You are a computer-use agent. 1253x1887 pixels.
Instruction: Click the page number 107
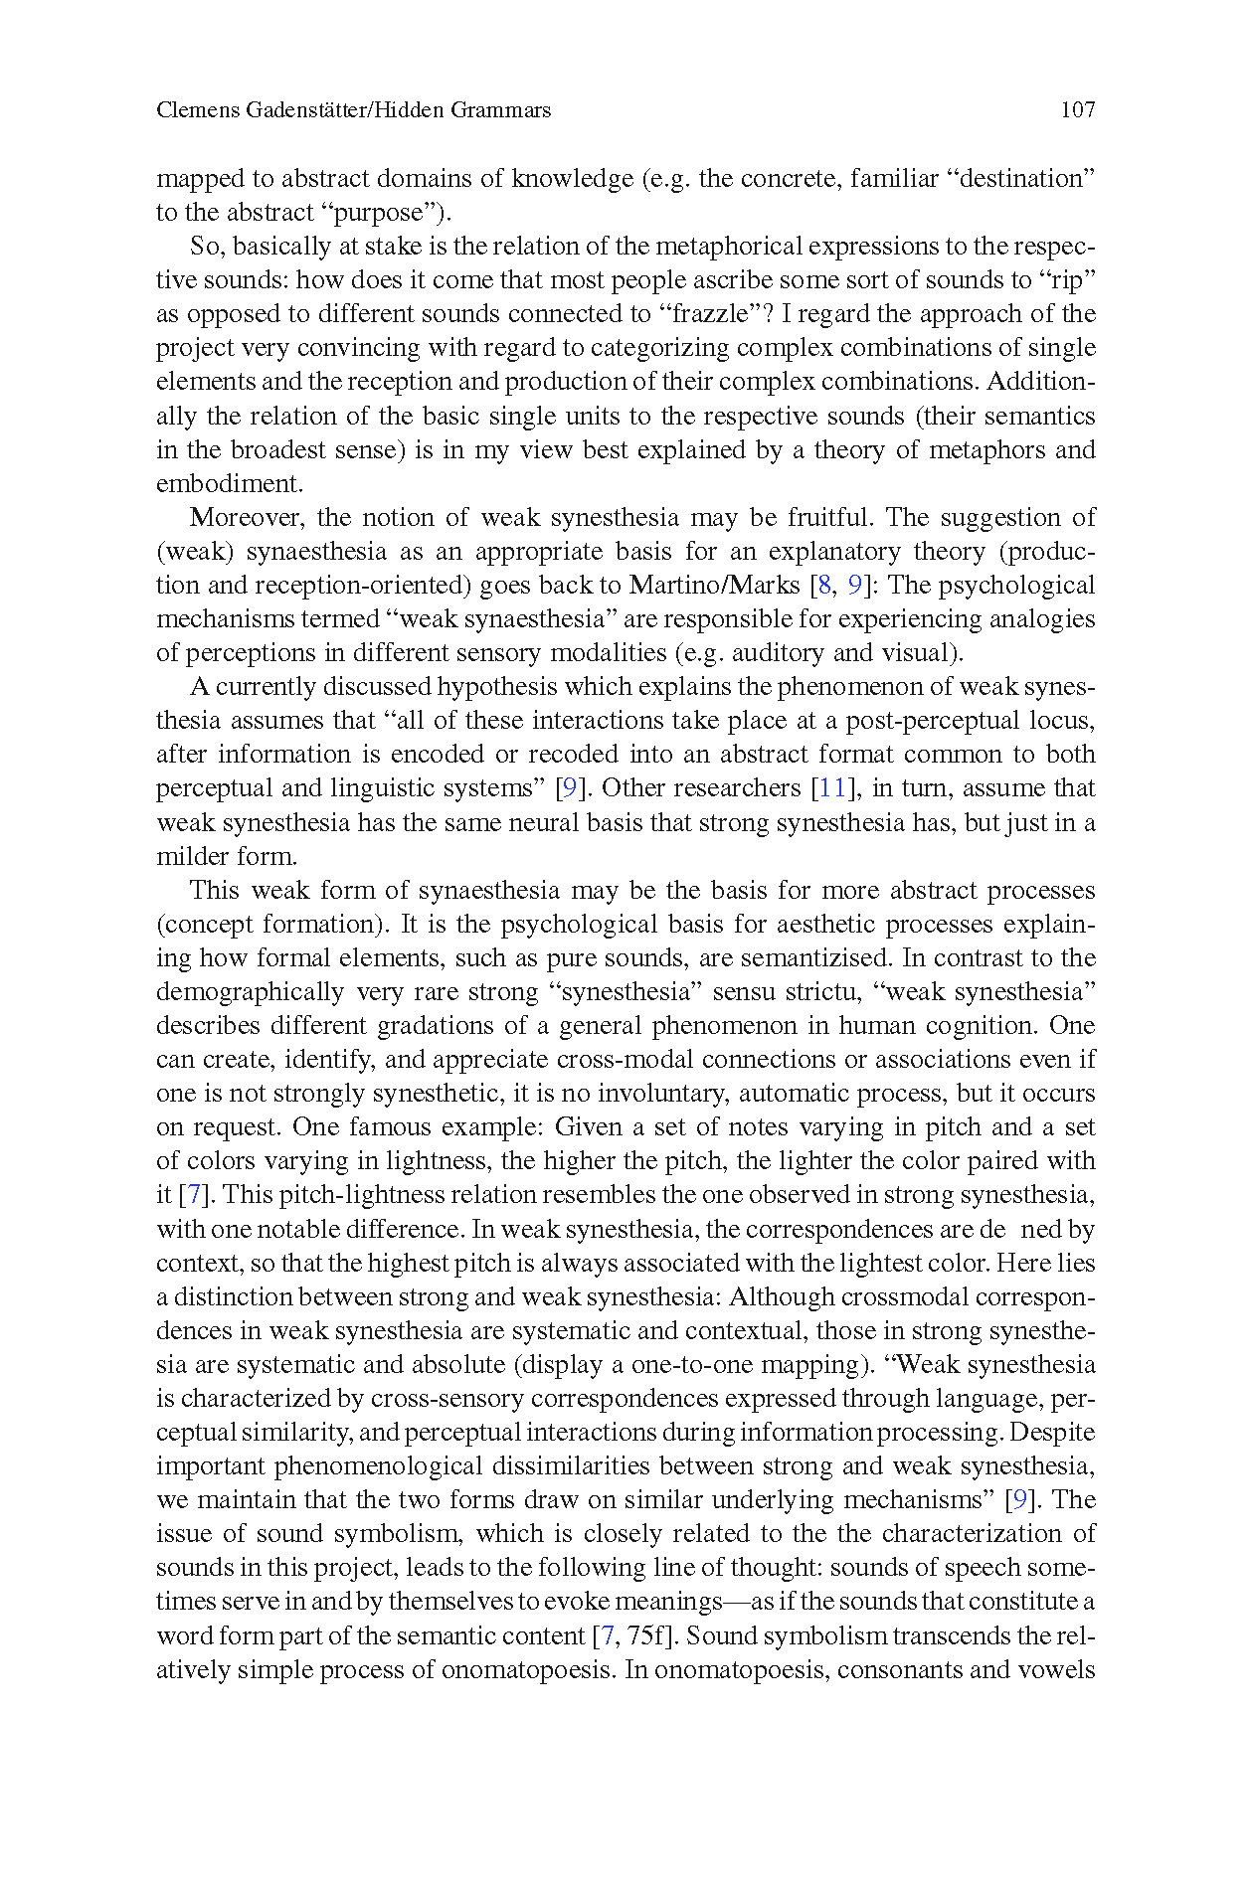[1077, 110]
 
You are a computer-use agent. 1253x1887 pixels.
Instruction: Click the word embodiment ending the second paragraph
[228, 484]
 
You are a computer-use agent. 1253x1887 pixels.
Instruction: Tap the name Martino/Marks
[714, 586]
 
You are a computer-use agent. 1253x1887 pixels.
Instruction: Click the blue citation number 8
[824, 586]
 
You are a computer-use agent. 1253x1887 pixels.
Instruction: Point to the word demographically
[250, 992]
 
